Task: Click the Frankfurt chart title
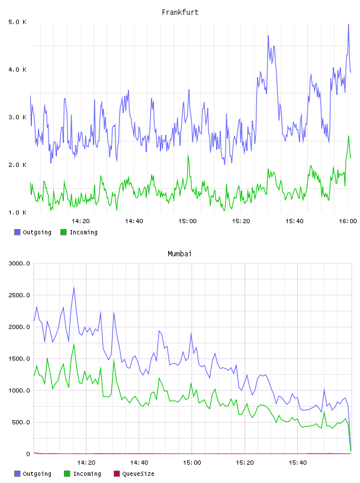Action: coord(180,12)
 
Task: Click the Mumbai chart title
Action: coord(179,254)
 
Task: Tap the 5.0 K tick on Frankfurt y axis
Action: coord(18,22)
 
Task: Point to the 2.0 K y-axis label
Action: coord(18,165)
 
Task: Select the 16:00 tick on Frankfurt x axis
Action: coord(348,221)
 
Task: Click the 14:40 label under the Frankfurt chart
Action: coord(134,221)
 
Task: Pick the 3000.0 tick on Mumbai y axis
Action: coord(19,263)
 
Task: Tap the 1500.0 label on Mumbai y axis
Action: coord(19,359)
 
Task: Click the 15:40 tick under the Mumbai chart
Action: coord(298,462)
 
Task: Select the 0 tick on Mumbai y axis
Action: coord(28,454)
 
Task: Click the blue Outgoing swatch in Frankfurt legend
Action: coord(17,232)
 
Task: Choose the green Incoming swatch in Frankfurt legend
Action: coord(63,232)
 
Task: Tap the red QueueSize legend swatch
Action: coord(117,474)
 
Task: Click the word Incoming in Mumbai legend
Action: coord(87,474)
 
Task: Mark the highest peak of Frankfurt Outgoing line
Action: coord(349,24)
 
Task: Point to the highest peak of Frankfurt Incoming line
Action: coord(349,136)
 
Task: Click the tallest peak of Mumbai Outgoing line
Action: coord(74,288)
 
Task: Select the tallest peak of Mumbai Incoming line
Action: coord(74,344)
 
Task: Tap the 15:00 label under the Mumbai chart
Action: coord(192,462)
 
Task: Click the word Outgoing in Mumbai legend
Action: coord(37,474)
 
